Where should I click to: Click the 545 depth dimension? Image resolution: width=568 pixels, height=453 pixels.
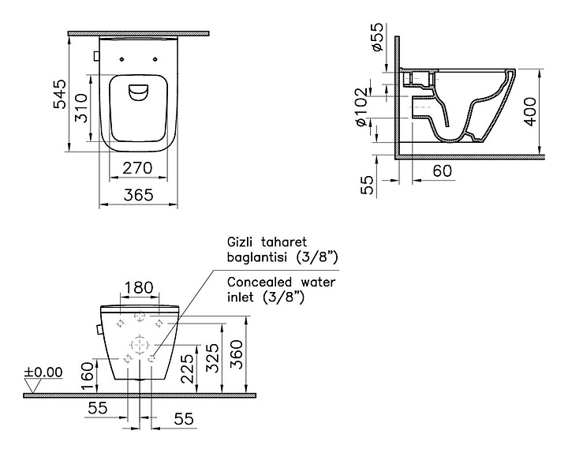pyautogui.click(x=60, y=94)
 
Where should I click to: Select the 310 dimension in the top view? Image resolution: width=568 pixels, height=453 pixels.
pyautogui.click(x=80, y=108)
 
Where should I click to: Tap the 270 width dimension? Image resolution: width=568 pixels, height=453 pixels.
pyautogui.click(x=137, y=168)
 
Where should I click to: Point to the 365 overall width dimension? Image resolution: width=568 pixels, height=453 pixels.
pyautogui.click(x=138, y=195)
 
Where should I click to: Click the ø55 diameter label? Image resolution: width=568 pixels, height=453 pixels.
pyautogui.click(x=377, y=36)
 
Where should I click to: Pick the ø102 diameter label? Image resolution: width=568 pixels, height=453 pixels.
pyautogui.click(x=362, y=107)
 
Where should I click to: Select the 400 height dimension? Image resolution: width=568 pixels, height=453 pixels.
pyautogui.click(x=530, y=111)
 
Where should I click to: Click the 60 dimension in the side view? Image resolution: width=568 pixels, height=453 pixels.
pyautogui.click(x=443, y=170)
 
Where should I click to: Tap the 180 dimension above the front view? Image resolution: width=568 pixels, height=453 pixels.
pyautogui.click(x=139, y=287)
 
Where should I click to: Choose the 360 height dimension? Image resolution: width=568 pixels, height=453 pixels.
pyautogui.click(x=237, y=354)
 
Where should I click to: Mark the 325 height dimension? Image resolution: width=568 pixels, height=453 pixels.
pyautogui.click(x=212, y=358)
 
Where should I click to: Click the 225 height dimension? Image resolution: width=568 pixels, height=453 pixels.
pyautogui.click(x=187, y=369)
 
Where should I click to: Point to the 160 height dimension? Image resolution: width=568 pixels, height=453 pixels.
pyautogui.click(x=87, y=377)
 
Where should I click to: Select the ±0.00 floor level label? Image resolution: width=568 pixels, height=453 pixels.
pyautogui.click(x=43, y=373)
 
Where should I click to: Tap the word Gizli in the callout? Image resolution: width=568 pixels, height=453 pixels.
pyautogui.click(x=237, y=241)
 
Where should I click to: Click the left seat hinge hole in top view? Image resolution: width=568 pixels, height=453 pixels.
pyautogui.click(x=121, y=59)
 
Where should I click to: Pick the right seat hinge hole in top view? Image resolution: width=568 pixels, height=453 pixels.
pyautogui.click(x=155, y=59)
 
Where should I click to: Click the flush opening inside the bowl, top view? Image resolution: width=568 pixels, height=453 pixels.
pyautogui.click(x=138, y=92)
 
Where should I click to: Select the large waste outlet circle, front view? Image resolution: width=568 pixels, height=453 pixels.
pyautogui.click(x=140, y=345)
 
